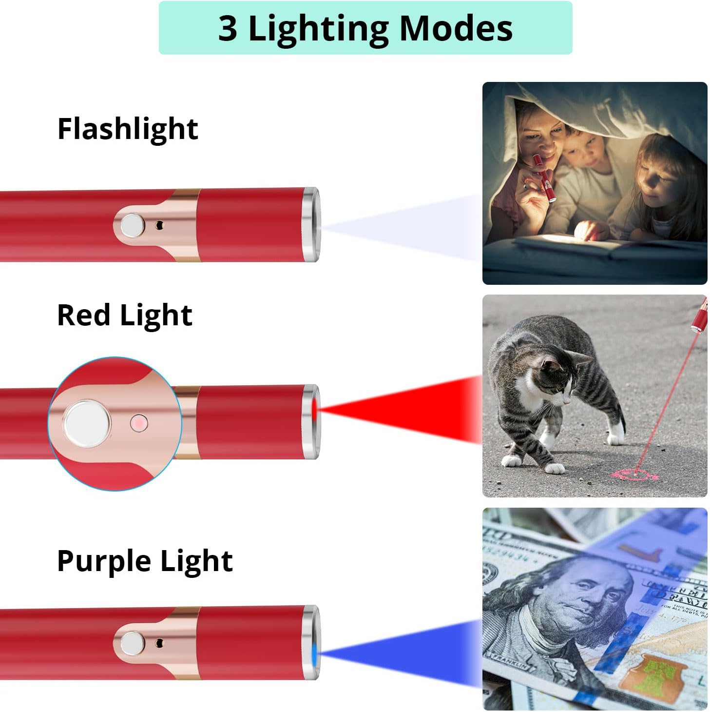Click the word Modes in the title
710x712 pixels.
(x=456, y=28)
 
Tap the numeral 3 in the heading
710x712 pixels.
(x=228, y=28)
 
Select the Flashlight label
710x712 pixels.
(x=128, y=129)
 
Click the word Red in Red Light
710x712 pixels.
(x=83, y=315)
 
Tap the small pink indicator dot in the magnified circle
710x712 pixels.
(x=139, y=423)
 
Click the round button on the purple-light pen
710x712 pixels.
(x=132, y=643)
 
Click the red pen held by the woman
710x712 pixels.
(x=543, y=178)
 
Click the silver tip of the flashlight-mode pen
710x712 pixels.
(x=310, y=225)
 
